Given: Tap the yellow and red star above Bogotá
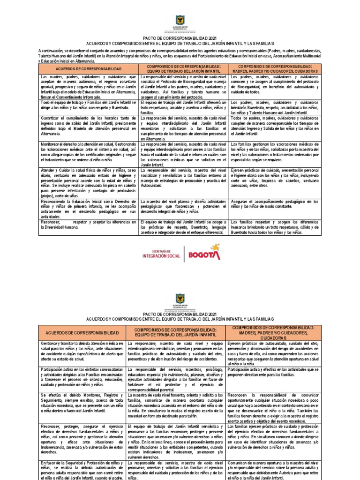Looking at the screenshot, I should [215, 247].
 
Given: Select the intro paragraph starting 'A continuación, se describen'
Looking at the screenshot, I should [180, 55].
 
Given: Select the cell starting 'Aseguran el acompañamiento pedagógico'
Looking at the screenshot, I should [275, 204].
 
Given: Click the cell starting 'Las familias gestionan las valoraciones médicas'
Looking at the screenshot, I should [275, 152].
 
